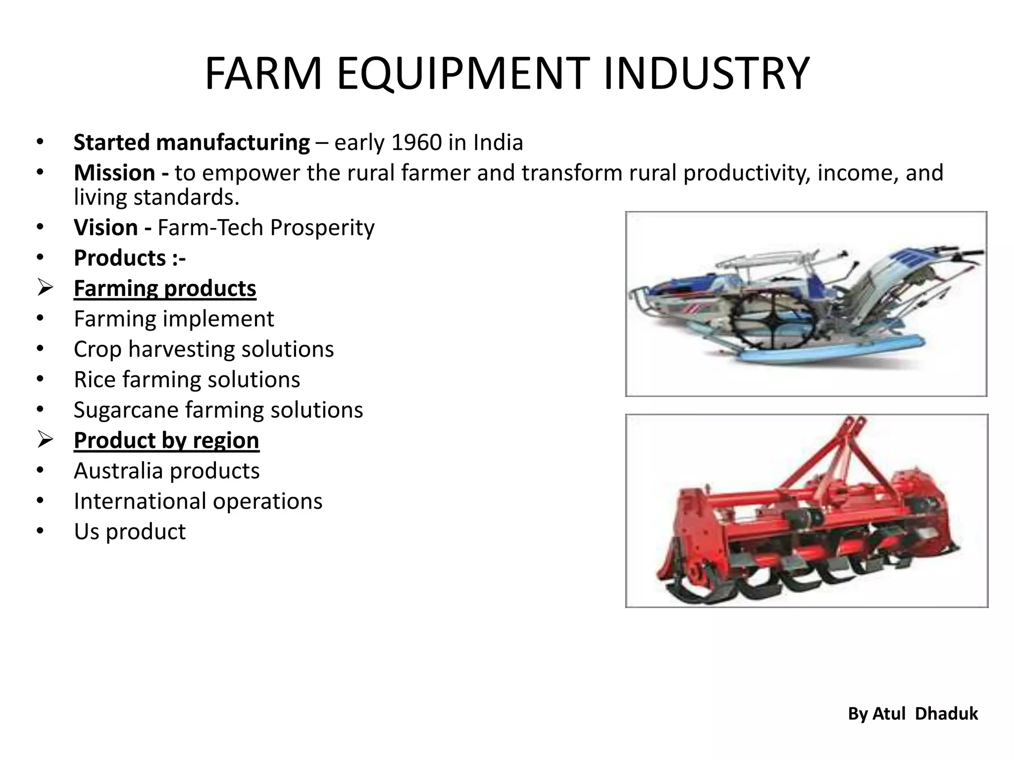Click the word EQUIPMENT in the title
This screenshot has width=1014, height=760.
(x=463, y=74)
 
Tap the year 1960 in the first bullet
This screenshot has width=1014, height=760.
(x=416, y=143)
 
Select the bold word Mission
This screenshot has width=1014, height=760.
(x=114, y=173)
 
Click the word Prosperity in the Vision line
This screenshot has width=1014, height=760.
(x=322, y=228)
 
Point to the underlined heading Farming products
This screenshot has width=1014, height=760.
(x=165, y=288)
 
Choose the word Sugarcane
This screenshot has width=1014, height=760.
(x=126, y=410)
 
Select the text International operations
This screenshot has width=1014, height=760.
(x=198, y=501)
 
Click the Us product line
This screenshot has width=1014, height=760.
(x=130, y=532)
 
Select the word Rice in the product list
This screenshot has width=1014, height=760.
(x=95, y=380)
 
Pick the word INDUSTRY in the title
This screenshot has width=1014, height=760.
(x=706, y=74)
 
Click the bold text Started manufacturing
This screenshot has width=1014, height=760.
(x=192, y=143)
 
